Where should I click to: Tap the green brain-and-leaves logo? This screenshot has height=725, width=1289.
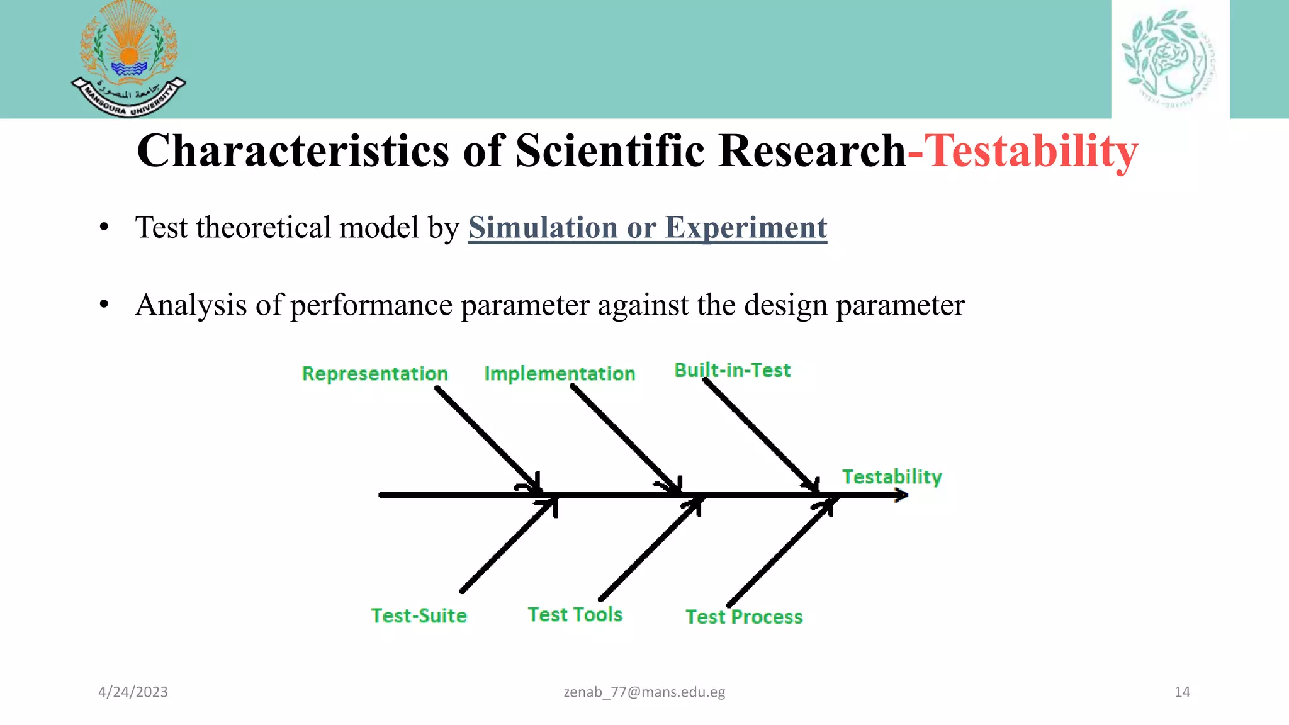[1169, 59]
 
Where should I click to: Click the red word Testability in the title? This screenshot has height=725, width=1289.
[1030, 152]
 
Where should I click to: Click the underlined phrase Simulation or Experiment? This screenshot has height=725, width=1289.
[647, 228]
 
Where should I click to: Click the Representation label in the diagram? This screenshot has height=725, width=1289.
[374, 374]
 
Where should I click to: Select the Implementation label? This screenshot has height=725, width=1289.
[560, 374]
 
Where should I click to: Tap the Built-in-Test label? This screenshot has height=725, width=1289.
[732, 370]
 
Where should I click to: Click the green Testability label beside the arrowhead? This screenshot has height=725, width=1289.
[892, 477]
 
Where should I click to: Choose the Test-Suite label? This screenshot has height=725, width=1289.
[419, 615]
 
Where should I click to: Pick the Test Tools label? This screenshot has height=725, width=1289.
[575, 614]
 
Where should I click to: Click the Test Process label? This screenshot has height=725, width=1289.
[744, 617]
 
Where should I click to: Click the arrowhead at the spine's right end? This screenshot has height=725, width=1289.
[901, 495]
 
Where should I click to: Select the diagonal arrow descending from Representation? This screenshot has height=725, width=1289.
[485, 437]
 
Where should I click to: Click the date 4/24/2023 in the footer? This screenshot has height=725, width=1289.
[133, 692]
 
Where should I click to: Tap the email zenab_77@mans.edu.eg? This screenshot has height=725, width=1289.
[644, 692]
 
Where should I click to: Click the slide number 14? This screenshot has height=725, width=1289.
[1182, 692]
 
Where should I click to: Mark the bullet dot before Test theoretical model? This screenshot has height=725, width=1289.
[104, 228]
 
